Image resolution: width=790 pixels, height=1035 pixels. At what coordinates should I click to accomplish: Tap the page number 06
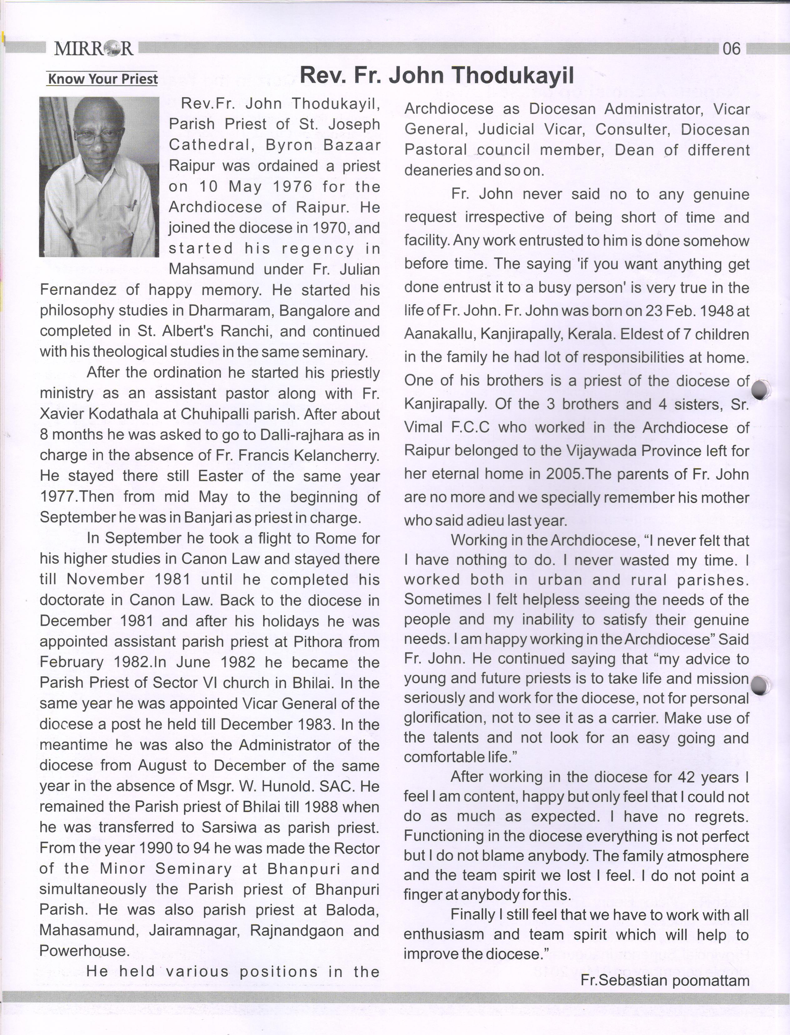coord(731,48)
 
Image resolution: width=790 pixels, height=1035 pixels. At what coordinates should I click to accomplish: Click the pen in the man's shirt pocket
coord(133,205)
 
